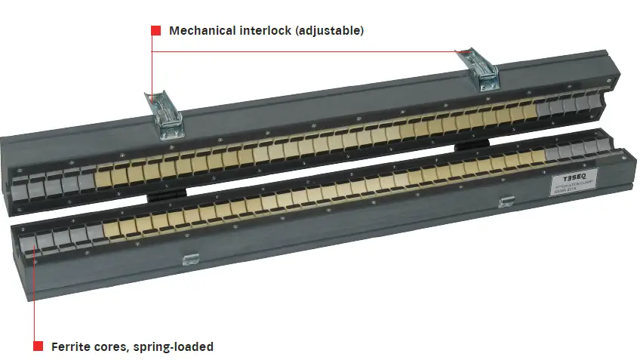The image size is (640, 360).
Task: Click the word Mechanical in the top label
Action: [200, 31]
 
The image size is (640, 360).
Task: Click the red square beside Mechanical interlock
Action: [155, 31]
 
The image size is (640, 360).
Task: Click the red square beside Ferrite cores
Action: [38, 346]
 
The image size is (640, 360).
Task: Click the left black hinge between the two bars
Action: [167, 194]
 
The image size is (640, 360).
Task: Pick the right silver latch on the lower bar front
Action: [507, 202]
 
